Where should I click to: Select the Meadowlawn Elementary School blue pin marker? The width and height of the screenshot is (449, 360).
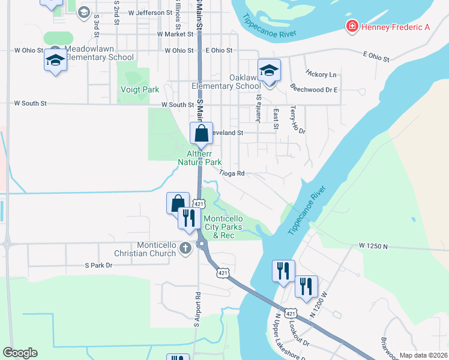click(x=55, y=61)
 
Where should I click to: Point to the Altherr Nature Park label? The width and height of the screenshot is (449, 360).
click(x=200, y=158)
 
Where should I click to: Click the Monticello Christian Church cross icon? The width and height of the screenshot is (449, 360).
click(x=185, y=248)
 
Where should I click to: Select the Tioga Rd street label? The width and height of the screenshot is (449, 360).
click(x=232, y=173)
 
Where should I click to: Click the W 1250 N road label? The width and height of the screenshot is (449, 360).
click(x=375, y=246)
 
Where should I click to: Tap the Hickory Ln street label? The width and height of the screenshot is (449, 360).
click(x=321, y=74)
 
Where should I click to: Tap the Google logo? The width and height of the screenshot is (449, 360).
click(x=20, y=353)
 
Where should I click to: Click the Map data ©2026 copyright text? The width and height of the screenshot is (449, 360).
click(x=423, y=355)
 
